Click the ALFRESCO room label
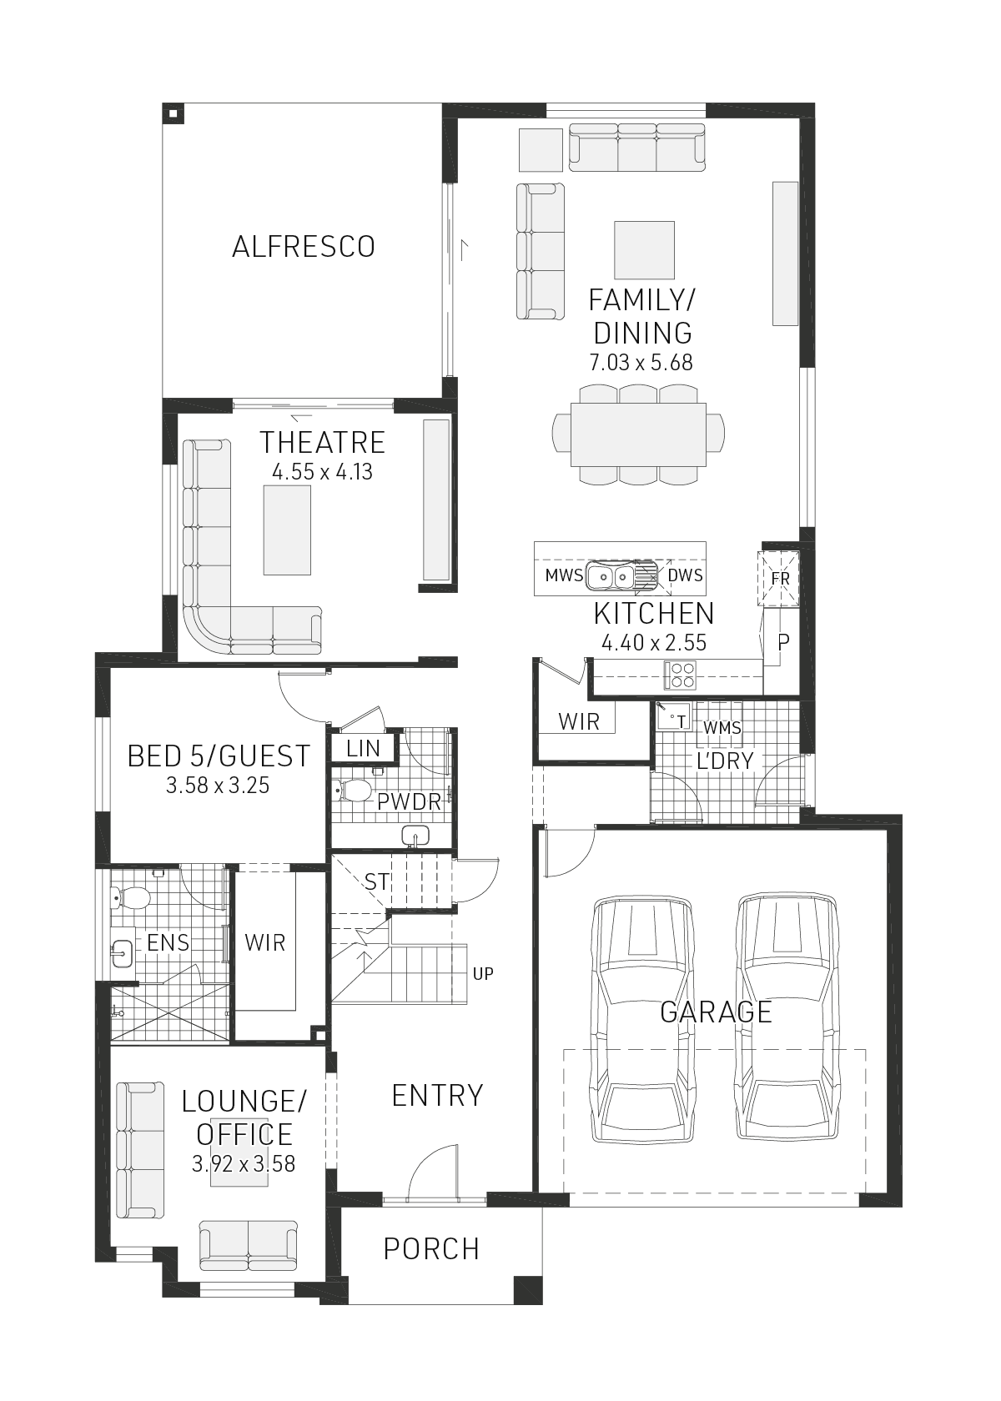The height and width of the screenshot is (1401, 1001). point(304,247)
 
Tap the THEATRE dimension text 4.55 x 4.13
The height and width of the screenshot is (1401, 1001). point(322,472)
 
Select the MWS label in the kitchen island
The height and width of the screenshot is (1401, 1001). point(564,575)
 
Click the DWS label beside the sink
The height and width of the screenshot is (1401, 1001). point(685,575)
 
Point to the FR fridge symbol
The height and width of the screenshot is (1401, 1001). point(780,578)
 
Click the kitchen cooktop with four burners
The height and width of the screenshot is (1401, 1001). point(680,675)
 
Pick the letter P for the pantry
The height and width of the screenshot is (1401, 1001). point(783,642)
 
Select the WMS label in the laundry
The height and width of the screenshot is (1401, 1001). point(722,728)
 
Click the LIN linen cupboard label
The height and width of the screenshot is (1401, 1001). point(363,749)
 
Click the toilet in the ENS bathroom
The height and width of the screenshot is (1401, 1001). point(132,898)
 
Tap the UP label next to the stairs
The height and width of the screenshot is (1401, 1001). point(483,973)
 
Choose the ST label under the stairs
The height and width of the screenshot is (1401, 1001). point(376,881)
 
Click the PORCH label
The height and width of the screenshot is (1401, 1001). point(431,1248)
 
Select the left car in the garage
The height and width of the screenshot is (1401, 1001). point(642,1019)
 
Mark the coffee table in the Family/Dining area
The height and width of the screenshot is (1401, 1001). point(644,249)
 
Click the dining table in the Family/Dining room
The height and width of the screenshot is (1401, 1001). point(638,434)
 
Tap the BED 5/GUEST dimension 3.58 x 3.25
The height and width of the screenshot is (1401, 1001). point(218,786)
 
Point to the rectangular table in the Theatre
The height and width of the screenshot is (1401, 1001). point(287,530)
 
